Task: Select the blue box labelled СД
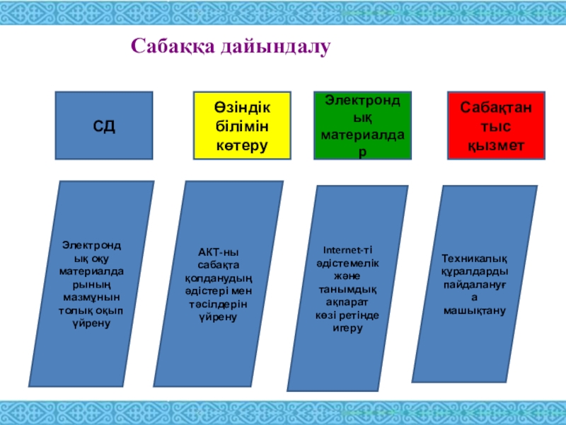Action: pyautogui.click(x=105, y=125)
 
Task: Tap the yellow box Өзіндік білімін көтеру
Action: pyautogui.click(x=242, y=125)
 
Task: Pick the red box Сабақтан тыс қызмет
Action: pyautogui.click(x=495, y=125)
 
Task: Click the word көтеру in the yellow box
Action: pyautogui.click(x=242, y=146)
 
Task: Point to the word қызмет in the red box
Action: pyautogui.click(x=495, y=144)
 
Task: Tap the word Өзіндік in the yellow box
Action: pyautogui.click(x=242, y=106)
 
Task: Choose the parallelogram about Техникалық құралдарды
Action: pyautogui.click(x=475, y=283)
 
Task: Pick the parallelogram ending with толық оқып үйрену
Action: pyautogui.click(x=91, y=283)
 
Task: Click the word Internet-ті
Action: pyautogui.click(x=347, y=249)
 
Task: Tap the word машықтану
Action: pyautogui.click(x=475, y=310)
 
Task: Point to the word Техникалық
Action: pyautogui.click(x=475, y=259)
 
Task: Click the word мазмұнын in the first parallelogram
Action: pyautogui.click(x=91, y=300)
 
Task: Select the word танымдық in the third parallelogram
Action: pyautogui.click(x=347, y=289)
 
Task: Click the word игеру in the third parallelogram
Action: pyautogui.click(x=347, y=329)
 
